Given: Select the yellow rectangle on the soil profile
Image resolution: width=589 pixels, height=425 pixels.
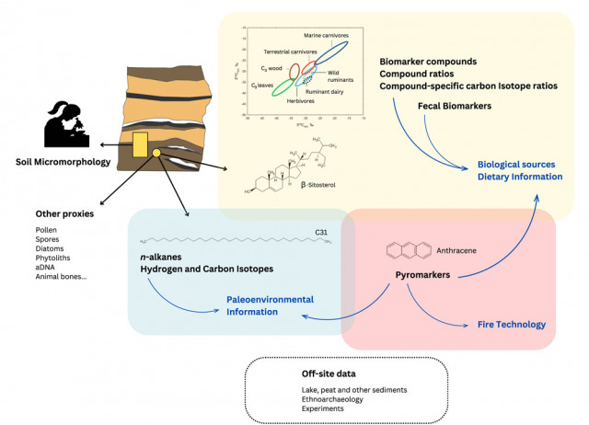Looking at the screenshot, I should coord(140,144).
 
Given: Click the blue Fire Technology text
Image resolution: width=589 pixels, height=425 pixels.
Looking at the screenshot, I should coord(512,325).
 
